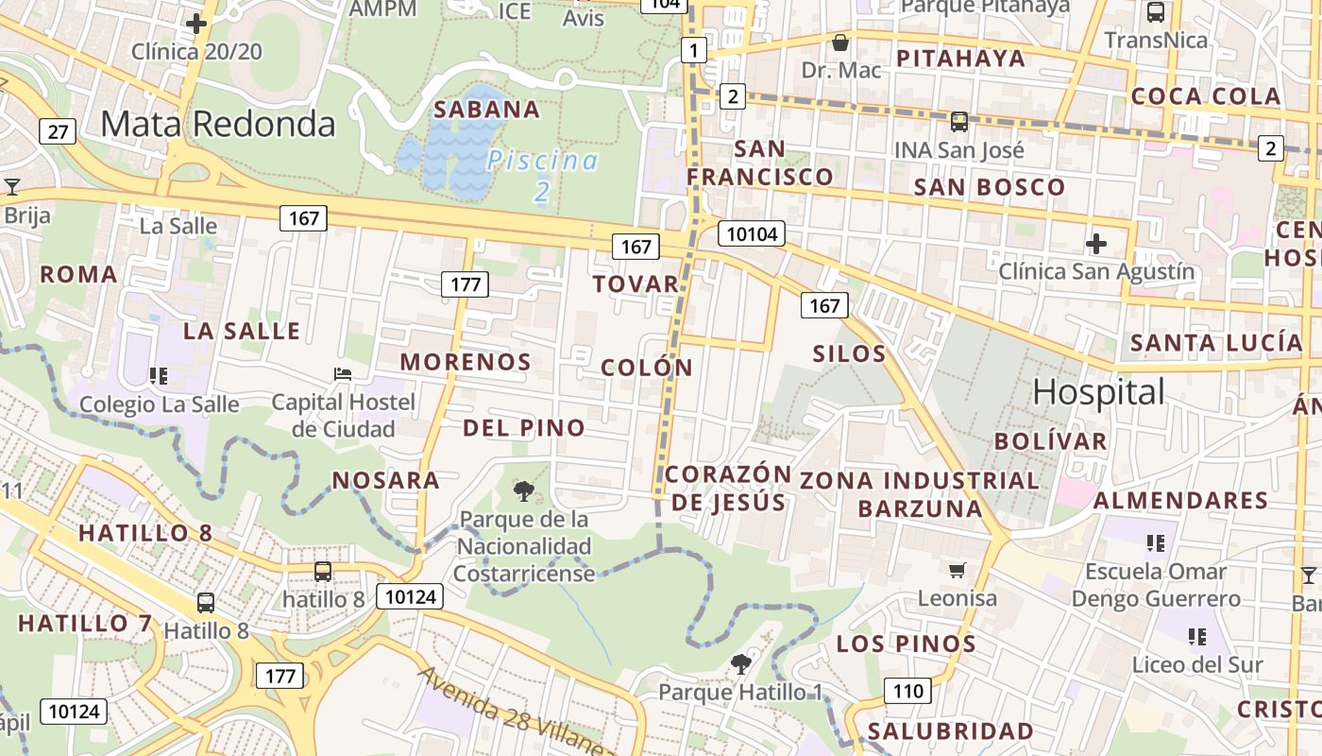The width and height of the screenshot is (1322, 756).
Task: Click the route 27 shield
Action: (x=58, y=131)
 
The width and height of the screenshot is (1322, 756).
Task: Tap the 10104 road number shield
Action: (x=752, y=233)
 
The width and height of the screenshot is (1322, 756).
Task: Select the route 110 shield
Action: (x=907, y=691)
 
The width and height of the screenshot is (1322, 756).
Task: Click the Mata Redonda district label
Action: (x=218, y=124)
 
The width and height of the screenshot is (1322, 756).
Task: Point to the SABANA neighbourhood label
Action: (x=486, y=110)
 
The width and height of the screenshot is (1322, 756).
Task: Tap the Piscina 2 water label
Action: (x=542, y=175)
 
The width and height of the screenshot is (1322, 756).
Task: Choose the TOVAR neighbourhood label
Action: (x=636, y=283)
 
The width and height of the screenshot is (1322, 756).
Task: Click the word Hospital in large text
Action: (x=1099, y=391)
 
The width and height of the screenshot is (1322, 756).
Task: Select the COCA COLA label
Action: (x=1206, y=96)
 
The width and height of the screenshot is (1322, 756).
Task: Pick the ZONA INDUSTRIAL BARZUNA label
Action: (x=920, y=494)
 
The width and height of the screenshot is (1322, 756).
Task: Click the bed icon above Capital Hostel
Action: (x=343, y=374)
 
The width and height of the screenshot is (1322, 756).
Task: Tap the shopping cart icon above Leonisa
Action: (x=958, y=570)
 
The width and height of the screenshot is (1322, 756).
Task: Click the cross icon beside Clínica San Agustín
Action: (x=1096, y=244)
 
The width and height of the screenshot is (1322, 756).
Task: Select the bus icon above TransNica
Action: (x=1156, y=12)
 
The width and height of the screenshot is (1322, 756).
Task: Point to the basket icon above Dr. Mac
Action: (x=839, y=43)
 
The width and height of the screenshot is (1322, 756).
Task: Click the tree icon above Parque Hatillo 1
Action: (x=741, y=664)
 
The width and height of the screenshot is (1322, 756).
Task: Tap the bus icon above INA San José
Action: (x=959, y=122)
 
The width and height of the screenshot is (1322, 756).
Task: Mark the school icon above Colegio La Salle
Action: (x=159, y=376)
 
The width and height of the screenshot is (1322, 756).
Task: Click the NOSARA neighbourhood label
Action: (x=385, y=480)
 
